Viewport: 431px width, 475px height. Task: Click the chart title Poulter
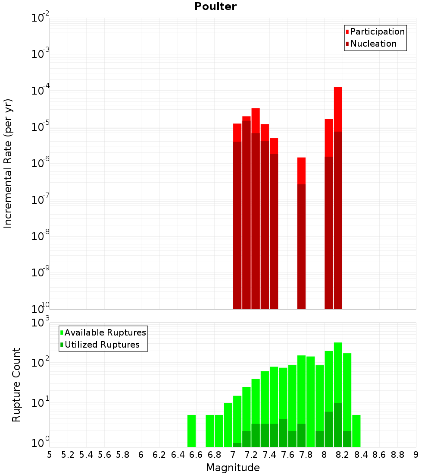tap(215, 6)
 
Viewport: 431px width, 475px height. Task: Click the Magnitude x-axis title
tap(233, 468)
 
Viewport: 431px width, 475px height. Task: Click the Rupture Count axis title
tap(16, 384)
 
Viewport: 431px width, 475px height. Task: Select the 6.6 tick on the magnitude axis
tap(197, 455)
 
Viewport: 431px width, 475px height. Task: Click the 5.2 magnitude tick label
tap(68, 455)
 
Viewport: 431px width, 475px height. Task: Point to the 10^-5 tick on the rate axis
tap(41, 127)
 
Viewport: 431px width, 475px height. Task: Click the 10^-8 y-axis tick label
tap(41, 236)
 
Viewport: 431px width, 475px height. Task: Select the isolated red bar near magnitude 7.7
tap(301, 171)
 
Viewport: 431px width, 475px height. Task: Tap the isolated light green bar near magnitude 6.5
tap(191, 431)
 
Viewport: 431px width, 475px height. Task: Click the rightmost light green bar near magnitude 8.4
tap(356, 431)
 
